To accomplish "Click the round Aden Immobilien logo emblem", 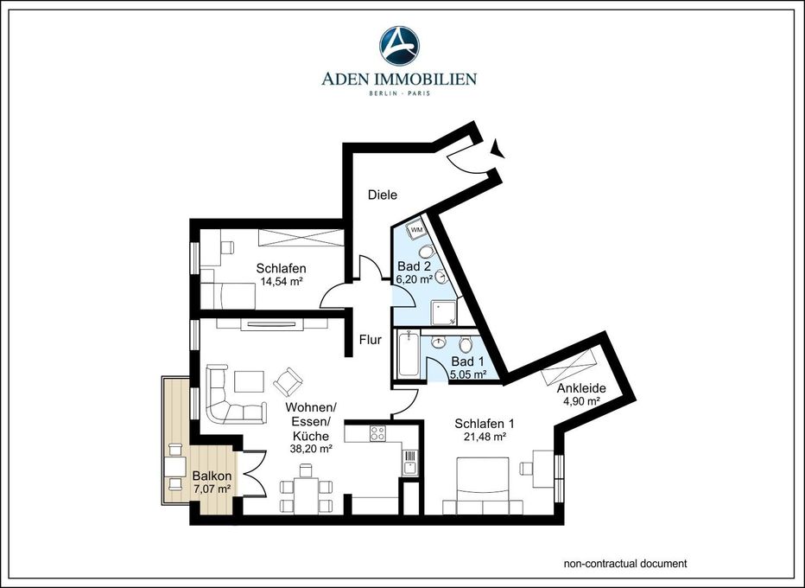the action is pyautogui.click(x=399, y=46).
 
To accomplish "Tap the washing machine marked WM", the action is pyautogui.click(x=417, y=230).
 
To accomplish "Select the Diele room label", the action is pyautogui.click(x=383, y=195).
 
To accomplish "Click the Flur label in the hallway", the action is pyautogui.click(x=371, y=340).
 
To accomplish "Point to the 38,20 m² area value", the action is pyautogui.click(x=311, y=448).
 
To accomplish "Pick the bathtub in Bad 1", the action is pyautogui.click(x=409, y=354).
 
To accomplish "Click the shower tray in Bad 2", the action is pyautogui.click(x=444, y=312).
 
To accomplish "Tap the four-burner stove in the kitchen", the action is pyautogui.click(x=377, y=434).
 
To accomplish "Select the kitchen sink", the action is pyautogui.click(x=409, y=462).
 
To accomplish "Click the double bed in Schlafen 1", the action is pyautogui.click(x=483, y=486).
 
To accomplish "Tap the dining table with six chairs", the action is pyautogui.click(x=306, y=489).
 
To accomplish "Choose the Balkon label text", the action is pyautogui.click(x=212, y=476).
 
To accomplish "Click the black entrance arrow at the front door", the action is pyautogui.click(x=498, y=148).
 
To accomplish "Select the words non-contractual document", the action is pyautogui.click(x=625, y=564).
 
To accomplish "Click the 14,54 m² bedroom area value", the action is pyautogui.click(x=281, y=281).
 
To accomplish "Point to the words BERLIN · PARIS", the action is pyautogui.click(x=399, y=93).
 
